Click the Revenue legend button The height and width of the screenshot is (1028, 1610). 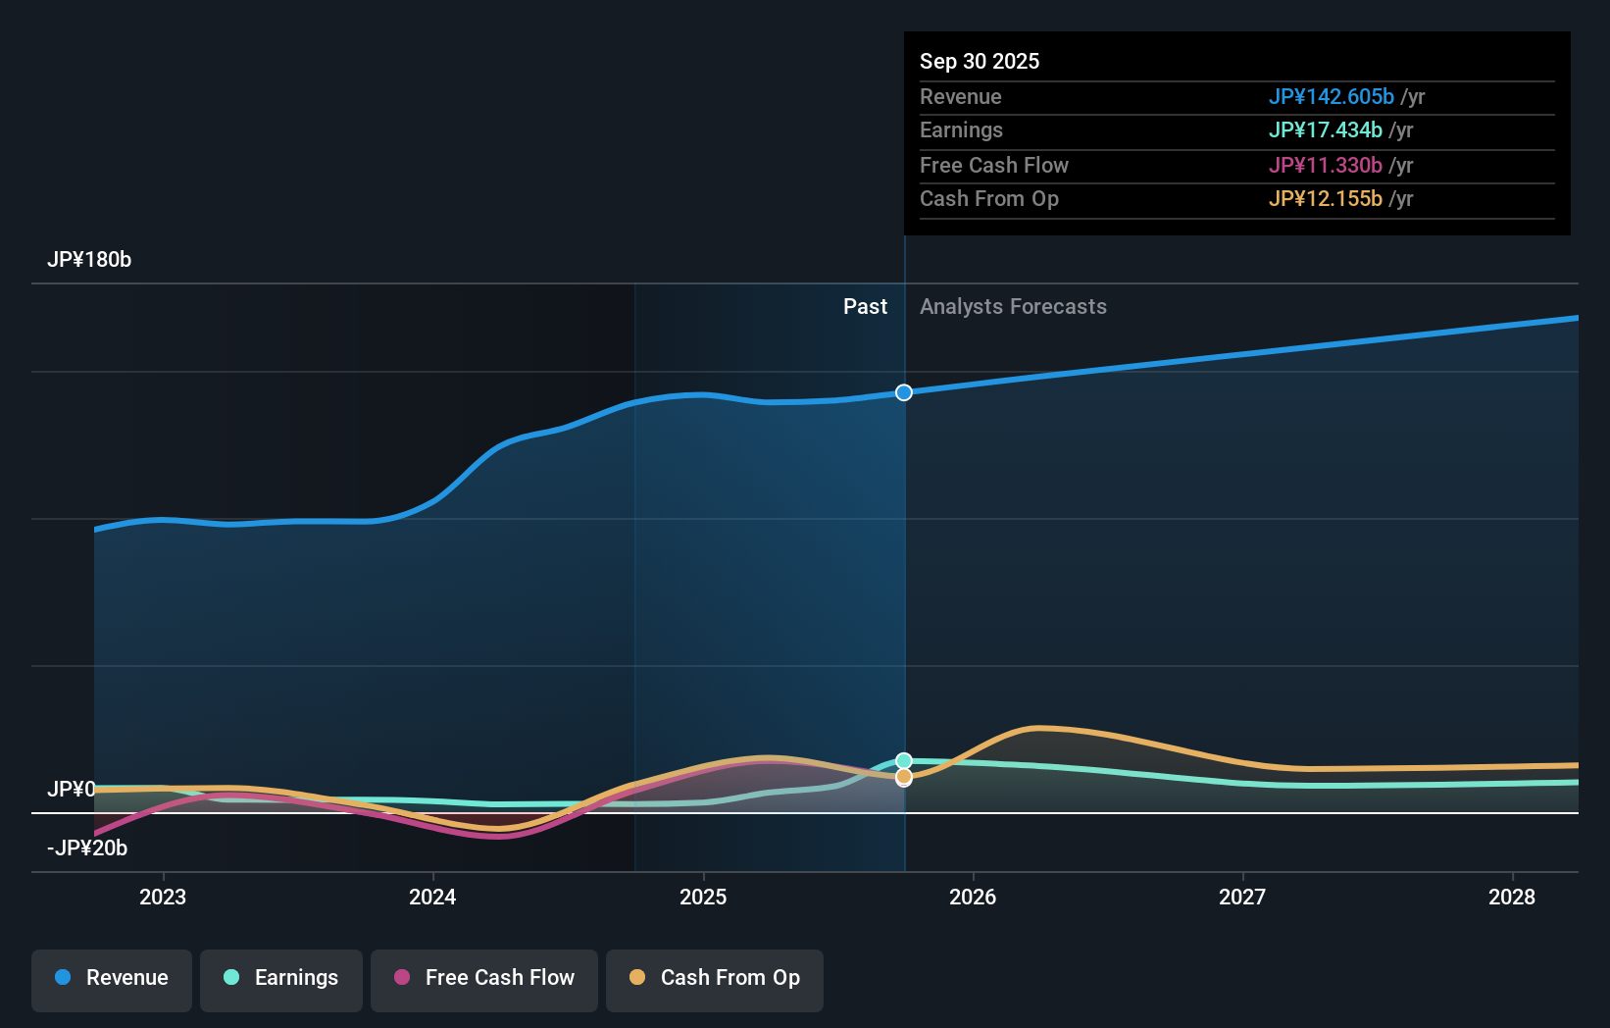(112, 979)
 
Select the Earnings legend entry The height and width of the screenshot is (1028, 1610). (281, 979)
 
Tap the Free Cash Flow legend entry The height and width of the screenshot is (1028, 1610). (484, 979)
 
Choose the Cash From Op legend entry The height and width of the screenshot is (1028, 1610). (715, 979)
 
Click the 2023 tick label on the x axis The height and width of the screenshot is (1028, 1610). (163, 898)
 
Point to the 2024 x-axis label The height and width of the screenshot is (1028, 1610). (432, 898)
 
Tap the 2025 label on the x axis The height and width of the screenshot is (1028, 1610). (703, 898)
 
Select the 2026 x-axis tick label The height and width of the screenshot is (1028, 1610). (973, 898)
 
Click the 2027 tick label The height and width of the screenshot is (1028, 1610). (1242, 898)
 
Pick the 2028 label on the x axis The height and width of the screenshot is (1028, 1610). (1512, 898)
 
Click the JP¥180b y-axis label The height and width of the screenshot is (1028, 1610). (89, 260)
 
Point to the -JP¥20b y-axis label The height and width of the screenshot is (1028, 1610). (87, 848)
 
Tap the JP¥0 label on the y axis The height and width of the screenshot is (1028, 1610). (72, 790)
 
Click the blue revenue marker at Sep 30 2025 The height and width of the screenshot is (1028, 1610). (904, 392)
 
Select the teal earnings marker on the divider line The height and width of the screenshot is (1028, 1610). (904, 761)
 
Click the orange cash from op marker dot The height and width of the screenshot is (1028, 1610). (904, 777)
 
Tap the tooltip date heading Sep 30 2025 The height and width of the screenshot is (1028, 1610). (980, 62)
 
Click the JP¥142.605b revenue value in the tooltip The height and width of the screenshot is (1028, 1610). (1331, 97)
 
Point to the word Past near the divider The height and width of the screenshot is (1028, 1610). (865, 307)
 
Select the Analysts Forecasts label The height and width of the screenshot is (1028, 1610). (1013, 307)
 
